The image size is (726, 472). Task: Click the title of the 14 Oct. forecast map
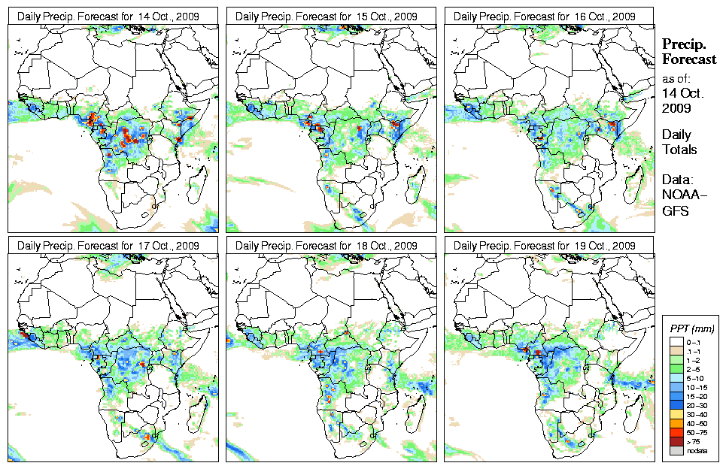point(112,17)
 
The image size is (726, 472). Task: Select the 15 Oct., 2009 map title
point(330,17)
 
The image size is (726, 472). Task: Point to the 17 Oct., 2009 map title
point(112,246)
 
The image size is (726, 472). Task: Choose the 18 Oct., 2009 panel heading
point(330,246)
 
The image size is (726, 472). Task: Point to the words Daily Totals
point(679,142)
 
